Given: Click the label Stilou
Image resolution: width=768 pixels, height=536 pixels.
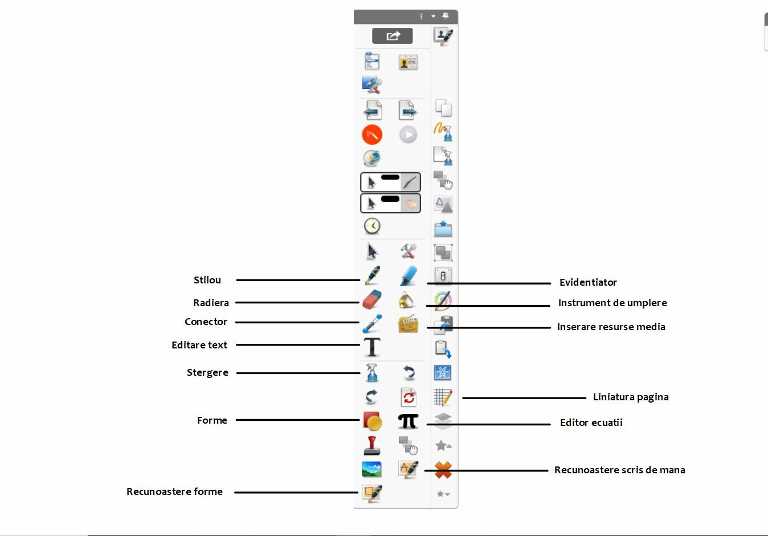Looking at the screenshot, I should (x=207, y=280).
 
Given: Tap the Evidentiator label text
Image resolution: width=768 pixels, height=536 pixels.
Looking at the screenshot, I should (x=588, y=282).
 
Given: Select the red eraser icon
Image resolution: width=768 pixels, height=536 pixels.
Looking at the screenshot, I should (x=371, y=299).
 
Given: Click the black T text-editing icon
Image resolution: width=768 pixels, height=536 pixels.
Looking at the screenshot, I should (x=372, y=347).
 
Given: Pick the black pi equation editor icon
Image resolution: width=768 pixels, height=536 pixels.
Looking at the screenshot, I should (x=408, y=421).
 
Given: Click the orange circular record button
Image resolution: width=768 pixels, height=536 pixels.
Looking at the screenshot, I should (x=372, y=135).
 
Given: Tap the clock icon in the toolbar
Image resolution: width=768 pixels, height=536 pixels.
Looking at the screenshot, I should (x=372, y=226).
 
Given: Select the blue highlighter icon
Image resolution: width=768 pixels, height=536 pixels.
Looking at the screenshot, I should (x=408, y=275).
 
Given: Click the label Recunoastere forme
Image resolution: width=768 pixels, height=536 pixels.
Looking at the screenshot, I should (x=174, y=492).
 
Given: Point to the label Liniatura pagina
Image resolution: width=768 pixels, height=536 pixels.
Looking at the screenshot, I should (x=631, y=397).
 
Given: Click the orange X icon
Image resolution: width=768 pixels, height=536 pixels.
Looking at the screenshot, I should (x=443, y=470).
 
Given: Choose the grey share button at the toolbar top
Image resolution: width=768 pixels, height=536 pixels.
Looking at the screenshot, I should (x=393, y=36).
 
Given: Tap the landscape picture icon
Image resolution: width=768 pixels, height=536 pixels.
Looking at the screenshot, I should (x=372, y=469).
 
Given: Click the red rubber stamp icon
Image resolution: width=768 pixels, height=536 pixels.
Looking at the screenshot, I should (x=372, y=445).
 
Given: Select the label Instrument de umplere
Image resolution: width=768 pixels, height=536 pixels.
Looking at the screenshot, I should (x=612, y=303).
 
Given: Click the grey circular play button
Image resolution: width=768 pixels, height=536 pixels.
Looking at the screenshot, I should (x=408, y=135).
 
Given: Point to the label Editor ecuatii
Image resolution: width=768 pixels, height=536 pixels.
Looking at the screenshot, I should (x=591, y=423).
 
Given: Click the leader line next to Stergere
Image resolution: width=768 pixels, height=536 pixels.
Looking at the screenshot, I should (x=298, y=373).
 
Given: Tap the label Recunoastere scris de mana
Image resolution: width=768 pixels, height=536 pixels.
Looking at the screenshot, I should (x=619, y=470).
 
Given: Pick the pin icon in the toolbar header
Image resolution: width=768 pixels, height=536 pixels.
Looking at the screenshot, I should (x=446, y=16).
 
